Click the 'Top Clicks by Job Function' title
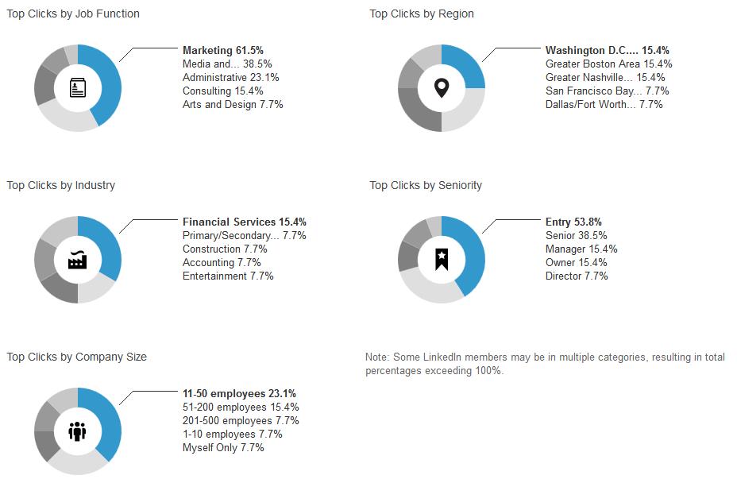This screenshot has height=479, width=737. coord(73,14)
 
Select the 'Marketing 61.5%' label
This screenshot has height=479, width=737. coord(222,51)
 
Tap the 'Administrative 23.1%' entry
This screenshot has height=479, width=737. coord(230,78)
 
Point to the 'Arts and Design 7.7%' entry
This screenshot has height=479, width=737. coord(233,104)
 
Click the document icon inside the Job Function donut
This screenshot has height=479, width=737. coord(78,87)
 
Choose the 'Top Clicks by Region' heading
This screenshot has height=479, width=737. coord(422,14)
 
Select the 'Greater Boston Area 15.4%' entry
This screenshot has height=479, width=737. coord(608,64)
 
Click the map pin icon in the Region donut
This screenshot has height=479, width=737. coord(441,87)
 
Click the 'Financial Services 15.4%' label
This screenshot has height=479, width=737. coord(244,222)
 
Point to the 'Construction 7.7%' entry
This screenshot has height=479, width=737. coord(225,249)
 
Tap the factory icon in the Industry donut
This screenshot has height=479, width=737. coord(78,260)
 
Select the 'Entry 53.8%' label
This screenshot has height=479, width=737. coord(573,222)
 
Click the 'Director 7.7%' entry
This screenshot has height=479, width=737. coord(577,276)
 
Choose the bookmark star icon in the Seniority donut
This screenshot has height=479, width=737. coord(441,259)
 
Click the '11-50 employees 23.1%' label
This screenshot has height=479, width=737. coord(239,394)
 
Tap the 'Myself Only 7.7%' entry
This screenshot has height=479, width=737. coord(223,448)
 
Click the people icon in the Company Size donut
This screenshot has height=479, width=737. coord(78,431)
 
